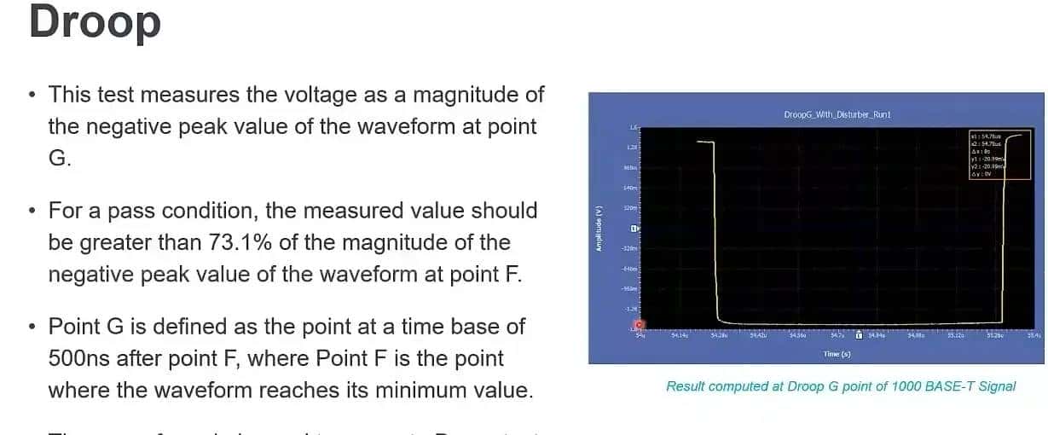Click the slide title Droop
95,22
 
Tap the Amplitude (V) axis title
599,229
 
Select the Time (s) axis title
836,353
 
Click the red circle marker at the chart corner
640,326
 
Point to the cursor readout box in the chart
987,154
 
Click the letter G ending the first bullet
56,159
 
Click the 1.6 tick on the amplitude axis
633,127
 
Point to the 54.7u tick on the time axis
837,336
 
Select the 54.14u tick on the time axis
680,336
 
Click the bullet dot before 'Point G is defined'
32,327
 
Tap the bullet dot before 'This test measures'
32,94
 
